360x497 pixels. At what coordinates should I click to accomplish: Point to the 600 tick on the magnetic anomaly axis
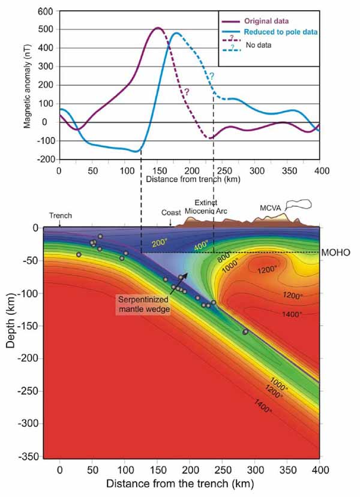(x=46, y=11)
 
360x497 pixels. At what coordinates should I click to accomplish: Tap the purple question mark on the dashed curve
(x=187, y=92)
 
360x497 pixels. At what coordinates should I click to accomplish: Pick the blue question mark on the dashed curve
(x=211, y=76)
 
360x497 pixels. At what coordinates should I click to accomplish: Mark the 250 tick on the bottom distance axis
(x=222, y=469)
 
